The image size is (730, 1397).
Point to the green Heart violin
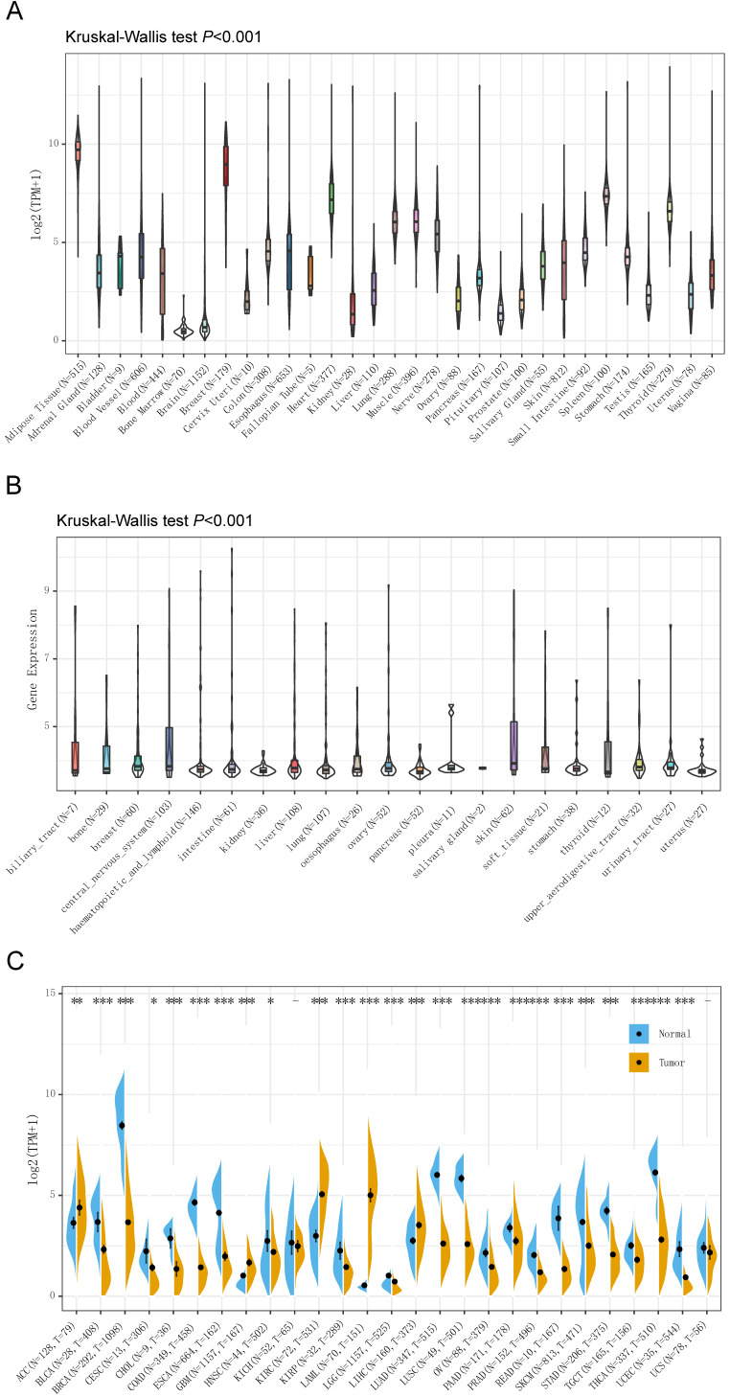coord(331,195)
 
